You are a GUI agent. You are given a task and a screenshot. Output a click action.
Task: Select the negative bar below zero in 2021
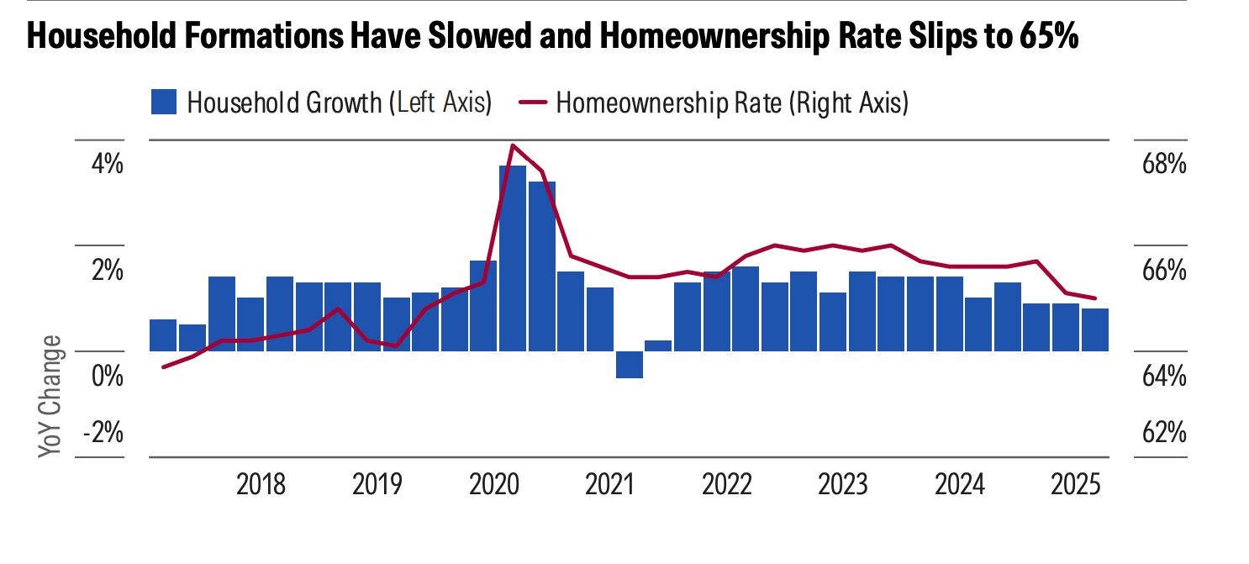click(x=630, y=365)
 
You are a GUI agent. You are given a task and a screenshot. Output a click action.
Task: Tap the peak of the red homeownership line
click(x=513, y=145)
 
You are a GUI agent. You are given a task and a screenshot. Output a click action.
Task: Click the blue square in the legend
click(x=163, y=103)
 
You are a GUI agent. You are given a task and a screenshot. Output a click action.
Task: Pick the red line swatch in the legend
click(x=533, y=103)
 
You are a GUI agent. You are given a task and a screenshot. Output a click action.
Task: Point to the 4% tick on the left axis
click(x=107, y=164)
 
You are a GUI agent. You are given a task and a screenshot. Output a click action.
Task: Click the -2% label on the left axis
click(x=103, y=433)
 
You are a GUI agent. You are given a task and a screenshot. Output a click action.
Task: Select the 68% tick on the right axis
click(x=1163, y=164)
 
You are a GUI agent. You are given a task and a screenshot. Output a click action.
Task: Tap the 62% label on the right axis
click(x=1163, y=433)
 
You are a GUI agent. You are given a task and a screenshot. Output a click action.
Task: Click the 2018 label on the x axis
click(x=261, y=485)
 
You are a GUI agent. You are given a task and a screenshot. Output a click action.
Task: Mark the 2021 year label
click(x=609, y=485)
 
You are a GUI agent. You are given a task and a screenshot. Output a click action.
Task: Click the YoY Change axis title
click(x=50, y=396)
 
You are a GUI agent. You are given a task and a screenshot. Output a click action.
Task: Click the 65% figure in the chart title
click(x=1046, y=39)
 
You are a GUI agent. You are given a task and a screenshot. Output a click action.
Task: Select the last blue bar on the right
click(x=1094, y=329)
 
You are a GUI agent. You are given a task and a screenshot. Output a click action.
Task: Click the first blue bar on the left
click(x=163, y=335)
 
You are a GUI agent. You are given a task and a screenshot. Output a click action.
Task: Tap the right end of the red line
click(x=1094, y=298)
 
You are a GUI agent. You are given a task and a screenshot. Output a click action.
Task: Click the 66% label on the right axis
click(x=1163, y=271)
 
